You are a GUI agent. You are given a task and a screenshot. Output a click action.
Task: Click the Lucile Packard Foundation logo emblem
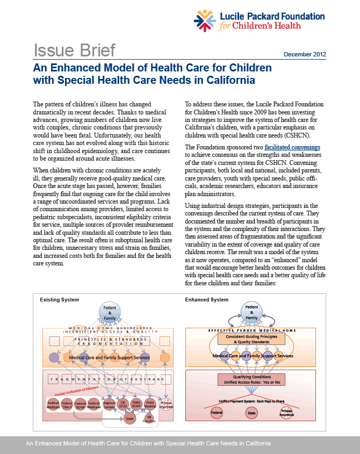point(206,21)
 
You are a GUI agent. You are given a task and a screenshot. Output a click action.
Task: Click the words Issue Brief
point(75,51)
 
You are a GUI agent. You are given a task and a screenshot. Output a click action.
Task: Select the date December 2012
point(305,55)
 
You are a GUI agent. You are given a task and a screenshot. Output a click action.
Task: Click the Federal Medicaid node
point(53,403)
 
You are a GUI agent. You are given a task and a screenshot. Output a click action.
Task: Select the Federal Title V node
point(67,403)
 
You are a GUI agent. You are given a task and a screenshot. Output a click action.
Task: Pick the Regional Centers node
point(109,403)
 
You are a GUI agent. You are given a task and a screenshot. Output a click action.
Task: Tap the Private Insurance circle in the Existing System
point(167,403)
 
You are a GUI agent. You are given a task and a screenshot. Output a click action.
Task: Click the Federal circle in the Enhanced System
point(217,413)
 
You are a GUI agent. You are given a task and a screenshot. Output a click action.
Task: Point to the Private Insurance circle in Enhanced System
point(287,413)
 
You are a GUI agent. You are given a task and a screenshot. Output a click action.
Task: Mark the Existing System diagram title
point(60,299)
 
